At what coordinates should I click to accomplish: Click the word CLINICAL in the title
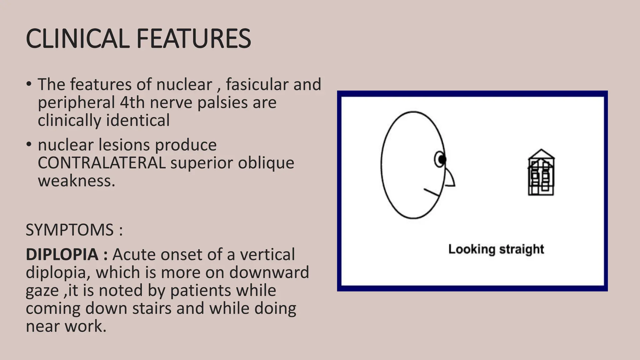coord(77,39)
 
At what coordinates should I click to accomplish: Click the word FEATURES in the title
coord(193,39)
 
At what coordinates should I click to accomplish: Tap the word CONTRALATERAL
coord(102,163)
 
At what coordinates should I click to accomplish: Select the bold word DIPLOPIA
coord(62,254)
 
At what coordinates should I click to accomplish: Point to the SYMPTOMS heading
coord(69,230)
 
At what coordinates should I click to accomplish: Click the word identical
coord(138,120)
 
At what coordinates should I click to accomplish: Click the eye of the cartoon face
coord(441,159)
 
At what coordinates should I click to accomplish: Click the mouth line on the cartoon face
coord(432,192)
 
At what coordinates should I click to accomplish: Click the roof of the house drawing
coord(541,154)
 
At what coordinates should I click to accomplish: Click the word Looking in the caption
coord(472,249)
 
